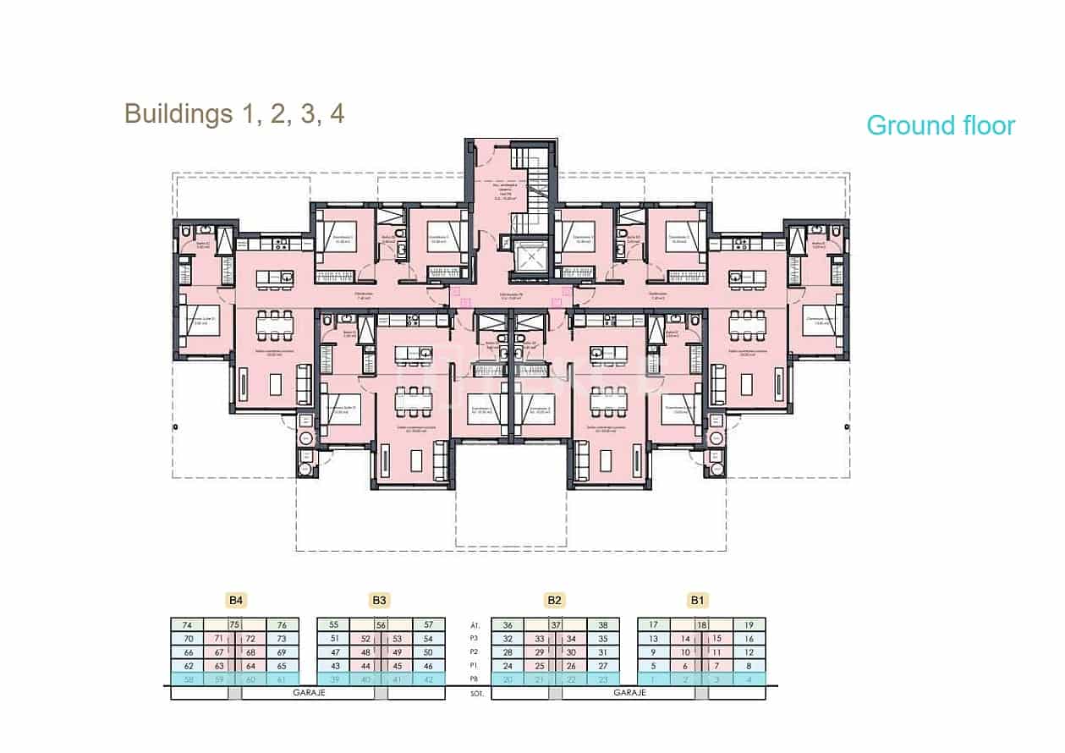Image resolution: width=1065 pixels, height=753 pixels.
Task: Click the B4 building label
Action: [x=237, y=601]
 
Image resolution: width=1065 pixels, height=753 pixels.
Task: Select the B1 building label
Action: [x=697, y=601]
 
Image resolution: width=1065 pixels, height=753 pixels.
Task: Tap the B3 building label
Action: [x=380, y=601]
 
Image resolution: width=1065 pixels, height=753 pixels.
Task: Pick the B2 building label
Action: [x=554, y=601]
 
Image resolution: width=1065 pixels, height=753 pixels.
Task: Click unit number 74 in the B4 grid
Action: [x=188, y=624]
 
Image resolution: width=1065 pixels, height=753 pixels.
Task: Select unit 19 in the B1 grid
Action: [x=749, y=624]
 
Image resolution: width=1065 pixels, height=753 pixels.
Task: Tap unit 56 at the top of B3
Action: [x=382, y=624]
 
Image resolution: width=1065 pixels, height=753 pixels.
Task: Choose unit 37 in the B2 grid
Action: [x=556, y=624]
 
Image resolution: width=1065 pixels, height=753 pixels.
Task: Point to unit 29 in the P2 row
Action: [x=539, y=652]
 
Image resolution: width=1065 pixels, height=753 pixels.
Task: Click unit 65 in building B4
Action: [x=282, y=666]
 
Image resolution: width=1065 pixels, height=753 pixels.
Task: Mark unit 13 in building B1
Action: [x=653, y=639]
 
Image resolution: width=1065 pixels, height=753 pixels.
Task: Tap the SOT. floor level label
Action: [x=475, y=693]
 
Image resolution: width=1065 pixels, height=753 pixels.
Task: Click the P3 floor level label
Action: [x=475, y=639]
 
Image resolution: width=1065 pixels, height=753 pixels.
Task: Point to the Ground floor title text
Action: [x=940, y=125]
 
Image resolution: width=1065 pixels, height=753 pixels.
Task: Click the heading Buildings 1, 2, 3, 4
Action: [x=234, y=113]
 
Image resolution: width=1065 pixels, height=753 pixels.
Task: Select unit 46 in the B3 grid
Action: [x=428, y=666]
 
